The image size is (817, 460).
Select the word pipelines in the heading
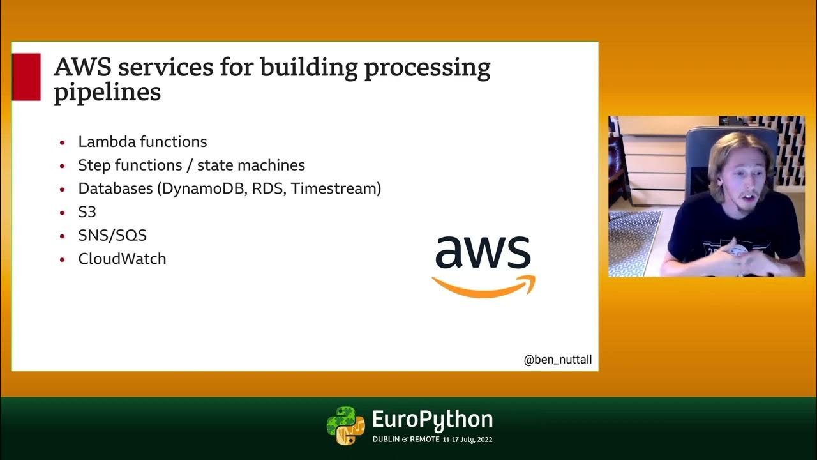click(x=107, y=93)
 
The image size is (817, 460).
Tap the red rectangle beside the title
click(x=26, y=77)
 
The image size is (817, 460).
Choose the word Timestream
click(x=336, y=188)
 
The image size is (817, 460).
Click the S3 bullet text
click(x=87, y=212)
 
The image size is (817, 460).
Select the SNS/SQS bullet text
click(x=112, y=235)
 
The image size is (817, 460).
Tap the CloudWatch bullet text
click(x=122, y=259)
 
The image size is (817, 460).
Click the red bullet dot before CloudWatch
click(x=62, y=259)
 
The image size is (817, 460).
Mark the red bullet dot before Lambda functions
click(x=62, y=142)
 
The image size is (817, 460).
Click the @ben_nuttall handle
click(x=557, y=360)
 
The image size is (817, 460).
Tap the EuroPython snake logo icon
click(x=345, y=425)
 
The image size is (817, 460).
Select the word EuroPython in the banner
click(x=432, y=420)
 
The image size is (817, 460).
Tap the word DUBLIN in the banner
click(x=387, y=440)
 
